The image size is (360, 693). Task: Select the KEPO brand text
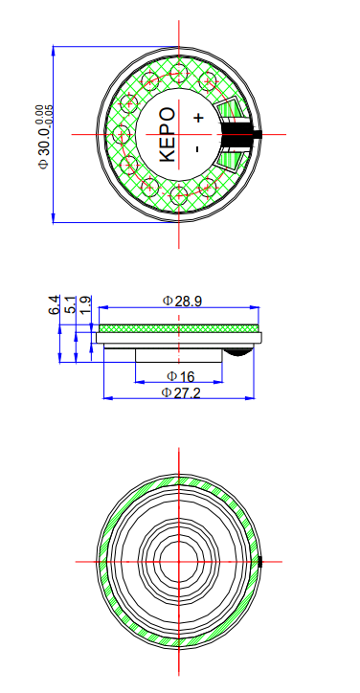pos(164,134)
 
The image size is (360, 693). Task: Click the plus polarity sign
pos(197,118)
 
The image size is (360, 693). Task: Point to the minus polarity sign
pos(195,149)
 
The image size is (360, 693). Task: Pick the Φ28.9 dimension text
pos(182,301)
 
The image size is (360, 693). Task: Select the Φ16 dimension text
pos(181,376)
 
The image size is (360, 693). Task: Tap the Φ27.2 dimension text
pos(181,392)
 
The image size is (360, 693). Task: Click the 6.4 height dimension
pos(55,305)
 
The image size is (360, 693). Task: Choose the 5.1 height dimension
pos(70,305)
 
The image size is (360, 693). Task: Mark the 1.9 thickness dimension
pos(85,305)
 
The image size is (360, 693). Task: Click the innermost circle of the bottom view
pos(178,561)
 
